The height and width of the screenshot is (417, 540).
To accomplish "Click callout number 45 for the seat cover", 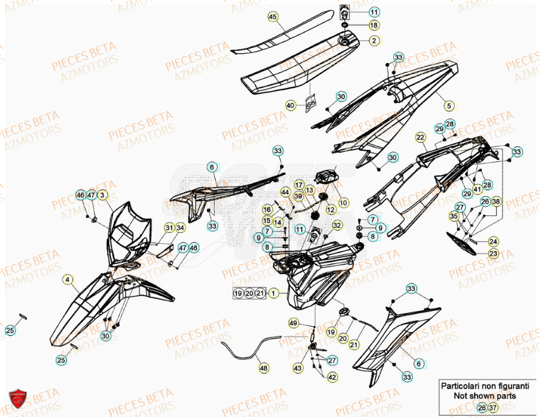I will [272, 17].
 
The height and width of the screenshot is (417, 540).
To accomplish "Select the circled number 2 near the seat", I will [374, 41].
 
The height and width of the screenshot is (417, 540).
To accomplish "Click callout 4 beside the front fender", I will [67, 280].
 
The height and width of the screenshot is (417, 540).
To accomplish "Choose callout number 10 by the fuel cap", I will [344, 202].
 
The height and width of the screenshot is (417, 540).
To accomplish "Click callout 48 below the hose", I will [263, 368].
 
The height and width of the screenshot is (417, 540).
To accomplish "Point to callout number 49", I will [292, 323].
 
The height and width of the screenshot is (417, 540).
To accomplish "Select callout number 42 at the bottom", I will [332, 377].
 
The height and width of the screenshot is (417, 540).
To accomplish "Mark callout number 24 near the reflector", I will [493, 242].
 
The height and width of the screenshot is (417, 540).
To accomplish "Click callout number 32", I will [337, 225].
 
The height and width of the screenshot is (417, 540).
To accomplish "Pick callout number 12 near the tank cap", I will [330, 210].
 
